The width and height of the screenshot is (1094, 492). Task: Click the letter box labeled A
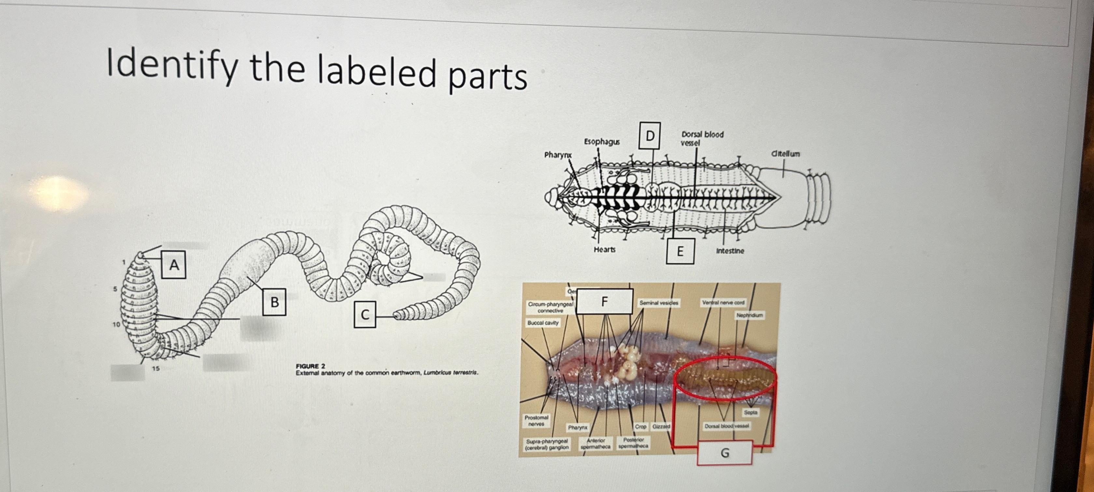coord(174,265)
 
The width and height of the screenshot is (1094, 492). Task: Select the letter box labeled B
coord(274,302)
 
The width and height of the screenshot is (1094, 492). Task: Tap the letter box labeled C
coord(365,315)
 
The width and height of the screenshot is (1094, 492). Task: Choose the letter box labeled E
coord(680,251)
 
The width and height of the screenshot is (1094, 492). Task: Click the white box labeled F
coord(604,301)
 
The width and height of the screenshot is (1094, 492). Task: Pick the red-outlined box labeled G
coord(724,453)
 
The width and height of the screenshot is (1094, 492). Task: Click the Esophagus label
coord(601,142)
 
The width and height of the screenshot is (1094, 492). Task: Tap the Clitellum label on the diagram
coord(785,154)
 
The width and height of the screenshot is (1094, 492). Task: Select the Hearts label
coord(604,249)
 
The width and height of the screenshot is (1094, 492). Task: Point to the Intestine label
coord(730,251)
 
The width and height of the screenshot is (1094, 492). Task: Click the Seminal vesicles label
coord(659,303)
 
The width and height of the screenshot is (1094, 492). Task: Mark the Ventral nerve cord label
coord(723,302)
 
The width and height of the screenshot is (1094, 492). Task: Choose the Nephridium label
coord(750,315)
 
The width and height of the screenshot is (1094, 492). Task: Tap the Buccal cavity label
coord(542,323)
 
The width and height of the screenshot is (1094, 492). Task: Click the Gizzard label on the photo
coord(661,426)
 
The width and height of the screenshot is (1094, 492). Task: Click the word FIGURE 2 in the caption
coord(310,366)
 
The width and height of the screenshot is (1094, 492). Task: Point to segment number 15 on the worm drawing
coord(156,368)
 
